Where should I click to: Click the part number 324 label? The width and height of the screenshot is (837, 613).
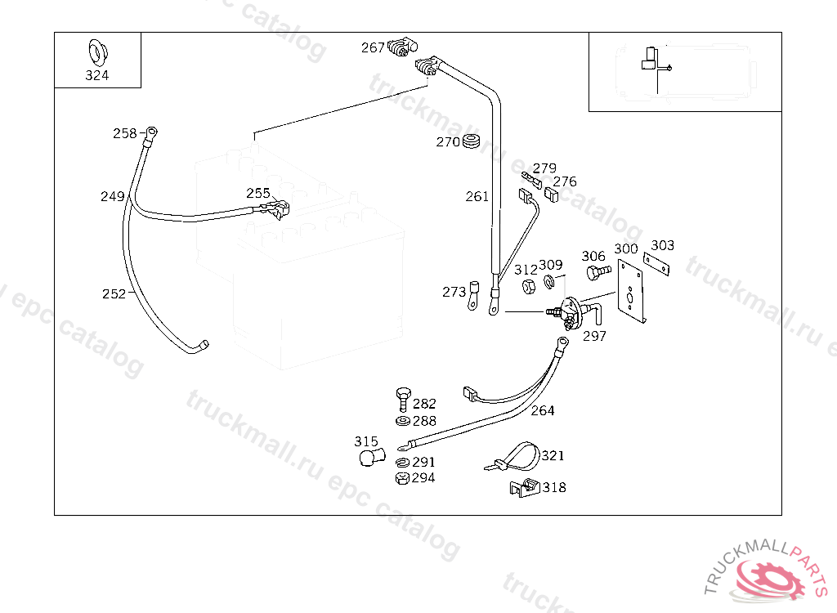[x=96, y=76]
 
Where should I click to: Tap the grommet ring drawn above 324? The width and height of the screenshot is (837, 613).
[x=96, y=52]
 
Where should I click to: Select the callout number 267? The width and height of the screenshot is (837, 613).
[x=373, y=48]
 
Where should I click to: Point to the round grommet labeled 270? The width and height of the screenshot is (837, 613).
[x=471, y=142]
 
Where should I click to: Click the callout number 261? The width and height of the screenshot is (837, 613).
[x=477, y=196]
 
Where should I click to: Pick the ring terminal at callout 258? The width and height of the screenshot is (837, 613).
[x=151, y=132]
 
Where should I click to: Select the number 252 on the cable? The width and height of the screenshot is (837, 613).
[x=114, y=293]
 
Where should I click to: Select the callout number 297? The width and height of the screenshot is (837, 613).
[x=594, y=335]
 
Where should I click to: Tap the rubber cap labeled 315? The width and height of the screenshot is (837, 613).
[x=371, y=456]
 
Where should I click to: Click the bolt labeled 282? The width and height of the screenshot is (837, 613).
[x=402, y=400]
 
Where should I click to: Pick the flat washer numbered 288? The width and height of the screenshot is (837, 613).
[x=402, y=421]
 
